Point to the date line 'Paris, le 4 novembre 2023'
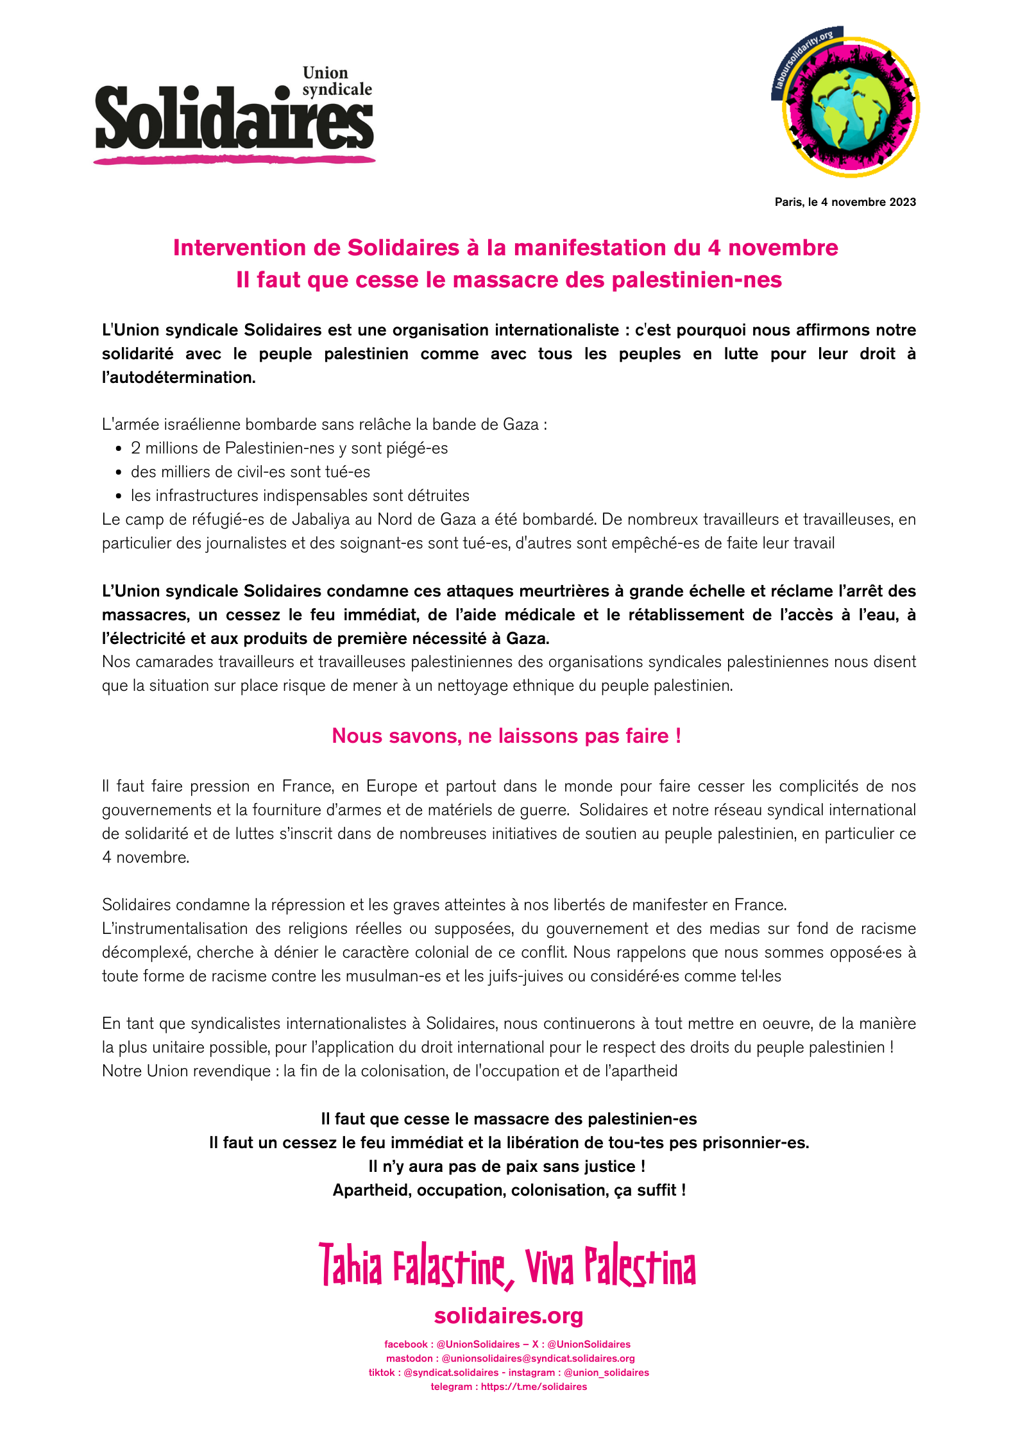point(845,202)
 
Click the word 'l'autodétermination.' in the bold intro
point(178,377)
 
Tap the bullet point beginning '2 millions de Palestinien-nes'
point(289,448)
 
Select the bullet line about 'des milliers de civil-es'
point(250,471)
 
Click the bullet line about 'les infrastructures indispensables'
point(300,495)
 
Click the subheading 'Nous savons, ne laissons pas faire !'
point(506,736)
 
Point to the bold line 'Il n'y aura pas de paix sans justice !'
point(507,1166)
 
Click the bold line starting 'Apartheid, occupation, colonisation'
point(509,1190)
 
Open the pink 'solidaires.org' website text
point(509,1316)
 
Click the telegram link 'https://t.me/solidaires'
point(534,1386)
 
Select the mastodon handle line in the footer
point(510,1358)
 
